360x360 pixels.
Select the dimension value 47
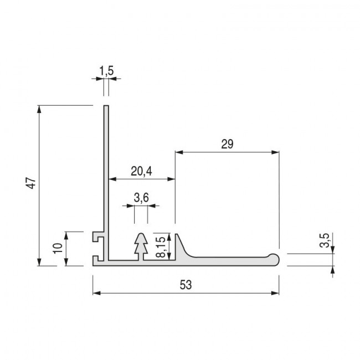(32, 184)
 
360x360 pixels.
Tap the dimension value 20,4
(141, 171)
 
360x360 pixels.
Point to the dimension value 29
(227, 144)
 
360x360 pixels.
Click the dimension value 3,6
(141, 197)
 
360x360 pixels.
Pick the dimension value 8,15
(160, 246)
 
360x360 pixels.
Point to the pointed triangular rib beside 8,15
(179, 246)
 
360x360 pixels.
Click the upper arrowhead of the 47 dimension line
(39, 109)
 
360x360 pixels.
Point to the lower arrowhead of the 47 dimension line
(39, 262)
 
